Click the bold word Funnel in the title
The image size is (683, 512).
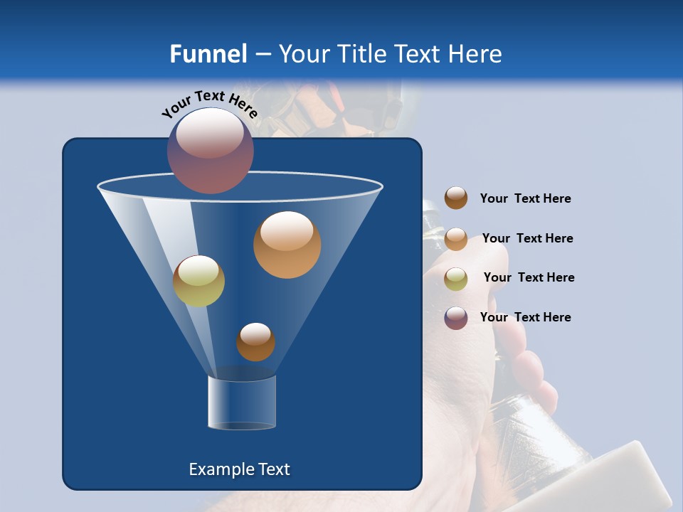(x=208, y=54)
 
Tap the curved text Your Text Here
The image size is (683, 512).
(x=209, y=104)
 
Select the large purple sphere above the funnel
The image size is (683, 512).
(x=210, y=151)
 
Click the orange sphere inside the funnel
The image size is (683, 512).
(x=287, y=245)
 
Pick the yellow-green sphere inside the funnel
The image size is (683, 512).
(x=198, y=281)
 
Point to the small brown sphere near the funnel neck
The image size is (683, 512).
(x=255, y=342)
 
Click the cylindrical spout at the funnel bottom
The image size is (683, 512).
(x=242, y=403)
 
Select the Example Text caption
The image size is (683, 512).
(x=239, y=469)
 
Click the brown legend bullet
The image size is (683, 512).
(x=456, y=198)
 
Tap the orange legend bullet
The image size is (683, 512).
(x=456, y=239)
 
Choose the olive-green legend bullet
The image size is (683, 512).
(x=456, y=279)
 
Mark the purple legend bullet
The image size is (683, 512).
(x=456, y=318)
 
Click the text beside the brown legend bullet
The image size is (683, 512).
(x=525, y=199)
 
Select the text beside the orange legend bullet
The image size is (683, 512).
(x=527, y=239)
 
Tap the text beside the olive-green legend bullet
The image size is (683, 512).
(x=529, y=278)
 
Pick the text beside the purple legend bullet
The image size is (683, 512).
(x=525, y=317)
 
